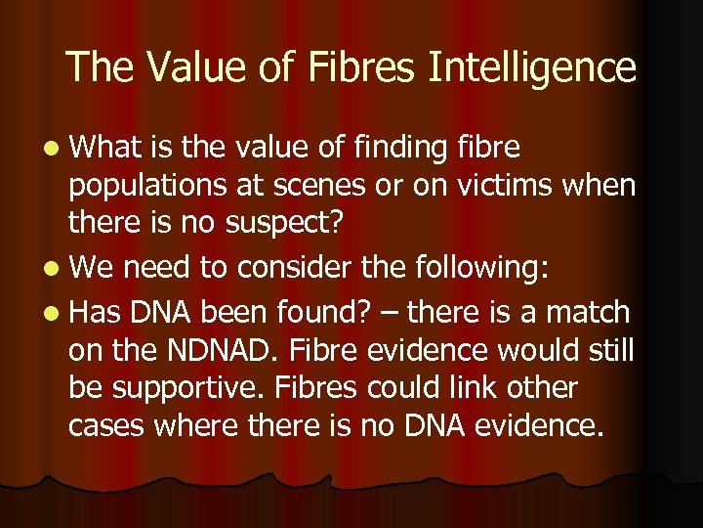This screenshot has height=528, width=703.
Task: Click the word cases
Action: [103, 425]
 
